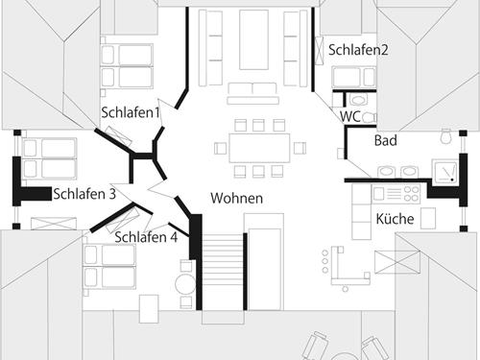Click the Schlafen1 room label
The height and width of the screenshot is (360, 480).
(x=131, y=113)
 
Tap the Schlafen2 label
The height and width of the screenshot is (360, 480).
(x=357, y=50)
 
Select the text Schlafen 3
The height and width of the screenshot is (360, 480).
(x=84, y=194)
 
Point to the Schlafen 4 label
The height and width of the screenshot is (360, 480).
(x=146, y=238)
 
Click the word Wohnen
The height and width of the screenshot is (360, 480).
(x=236, y=199)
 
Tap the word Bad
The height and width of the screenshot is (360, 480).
(x=386, y=141)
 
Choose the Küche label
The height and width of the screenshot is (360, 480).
(x=396, y=220)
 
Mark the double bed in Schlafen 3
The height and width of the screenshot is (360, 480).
(x=47, y=159)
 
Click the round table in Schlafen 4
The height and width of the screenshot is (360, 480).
(x=185, y=284)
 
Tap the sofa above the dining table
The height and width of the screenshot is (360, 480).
(x=252, y=93)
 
